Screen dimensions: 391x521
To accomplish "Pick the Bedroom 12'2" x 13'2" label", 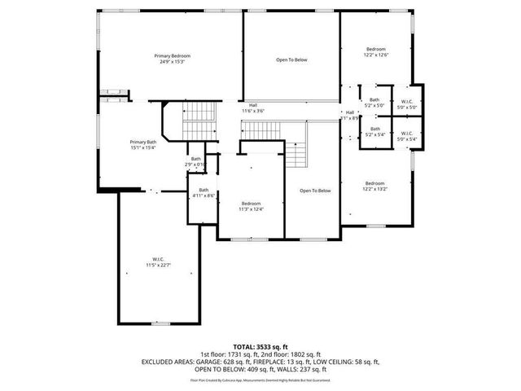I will click(375, 185).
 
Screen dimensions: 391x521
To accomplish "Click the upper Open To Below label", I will click(291, 59).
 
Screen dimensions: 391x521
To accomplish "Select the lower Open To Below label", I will click(315, 191).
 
